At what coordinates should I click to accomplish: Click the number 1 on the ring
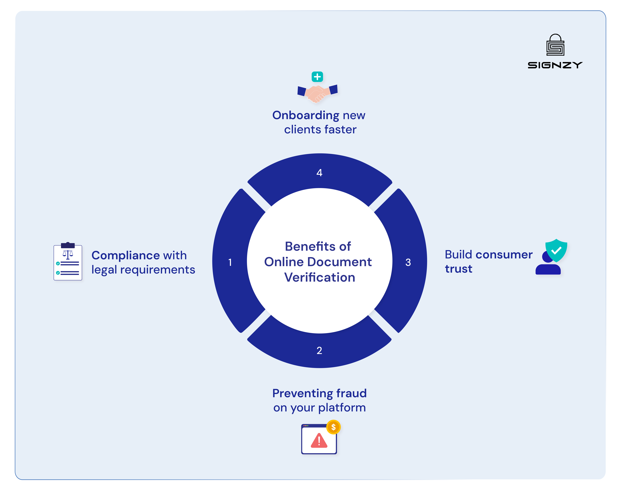point(230,262)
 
